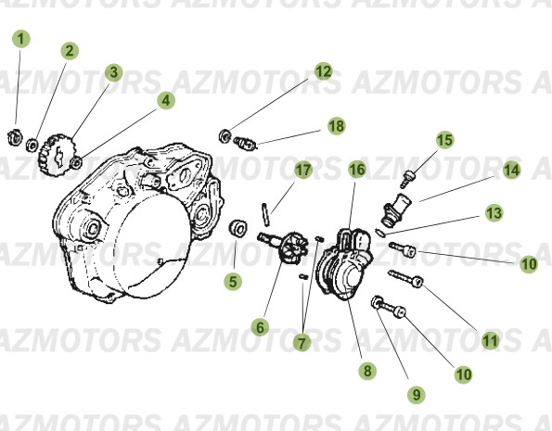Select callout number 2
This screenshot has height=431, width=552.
tap(71, 51)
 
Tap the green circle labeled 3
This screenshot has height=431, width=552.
tap(113, 71)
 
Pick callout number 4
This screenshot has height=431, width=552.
tap(165, 100)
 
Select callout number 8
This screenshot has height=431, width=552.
tap(368, 371)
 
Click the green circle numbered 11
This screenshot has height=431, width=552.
tap(490, 340)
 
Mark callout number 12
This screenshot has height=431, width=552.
tap(323, 70)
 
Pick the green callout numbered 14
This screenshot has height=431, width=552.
tap(511, 171)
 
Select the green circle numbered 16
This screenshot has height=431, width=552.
tap(357, 170)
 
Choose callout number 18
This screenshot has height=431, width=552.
tap(335, 125)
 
